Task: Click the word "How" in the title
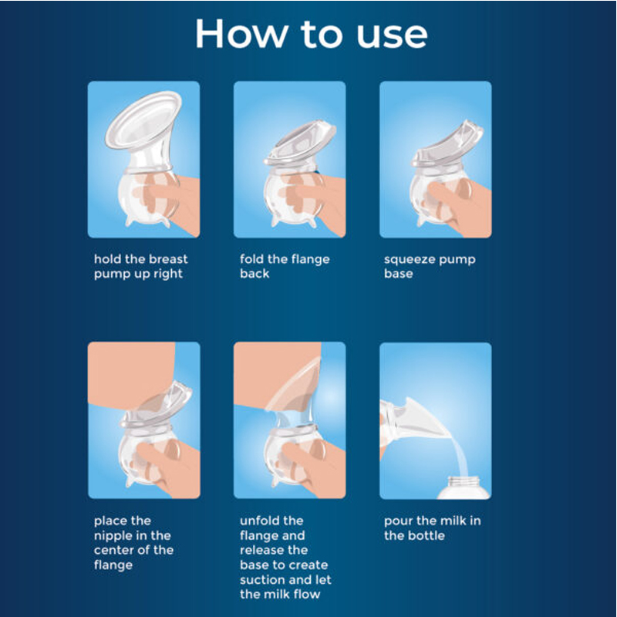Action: (241, 34)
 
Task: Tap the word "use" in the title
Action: (392, 37)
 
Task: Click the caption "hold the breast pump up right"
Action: (140, 266)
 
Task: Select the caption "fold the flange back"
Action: (285, 266)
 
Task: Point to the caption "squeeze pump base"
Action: (430, 266)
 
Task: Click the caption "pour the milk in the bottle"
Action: (432, 528)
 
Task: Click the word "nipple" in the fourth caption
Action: (113, 536)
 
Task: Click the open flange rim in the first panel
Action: (143, 120)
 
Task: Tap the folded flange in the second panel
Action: (300, 143)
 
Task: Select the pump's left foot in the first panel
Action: (130, 221)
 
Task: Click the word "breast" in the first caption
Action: (167, 259)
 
